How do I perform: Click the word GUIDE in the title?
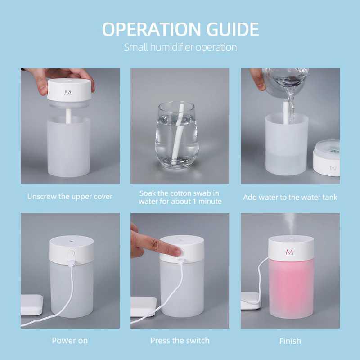coord(233,29)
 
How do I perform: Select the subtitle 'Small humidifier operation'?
coord(180,47)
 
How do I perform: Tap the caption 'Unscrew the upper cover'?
coord(70,197)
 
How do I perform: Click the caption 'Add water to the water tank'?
coord(290,197)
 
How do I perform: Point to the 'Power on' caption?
coord(70,340)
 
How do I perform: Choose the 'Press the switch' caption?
coord(180,340)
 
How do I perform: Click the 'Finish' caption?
coord(290,341)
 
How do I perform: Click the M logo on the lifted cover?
coord(68,92)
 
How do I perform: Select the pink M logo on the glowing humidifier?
coord(289,252)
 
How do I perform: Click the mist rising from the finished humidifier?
coord(288,225)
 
